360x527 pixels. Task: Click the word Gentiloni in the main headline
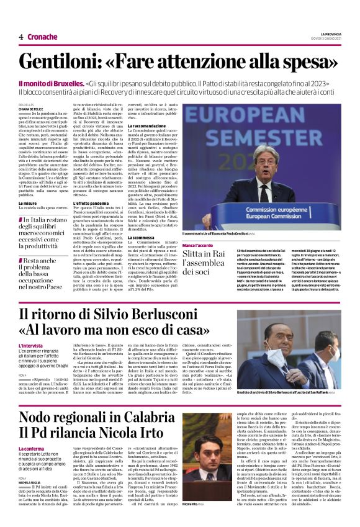88,61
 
